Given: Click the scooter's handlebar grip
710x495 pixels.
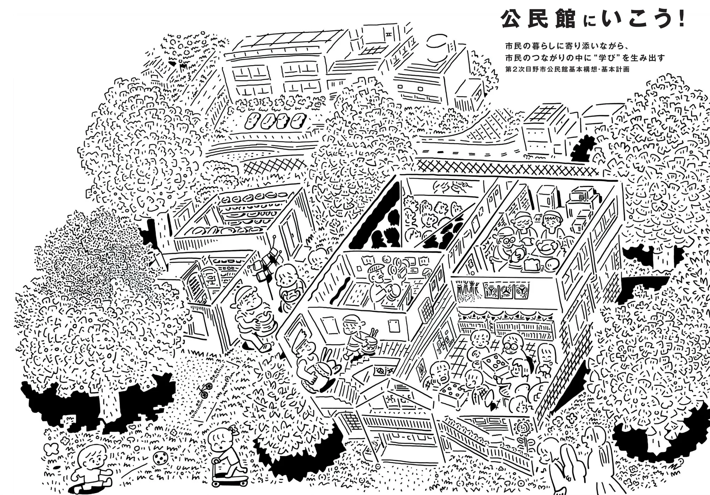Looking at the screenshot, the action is pos(215,461).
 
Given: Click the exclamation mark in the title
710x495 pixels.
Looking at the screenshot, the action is pos(681,19).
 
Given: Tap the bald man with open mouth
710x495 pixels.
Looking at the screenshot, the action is pos(440,373).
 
